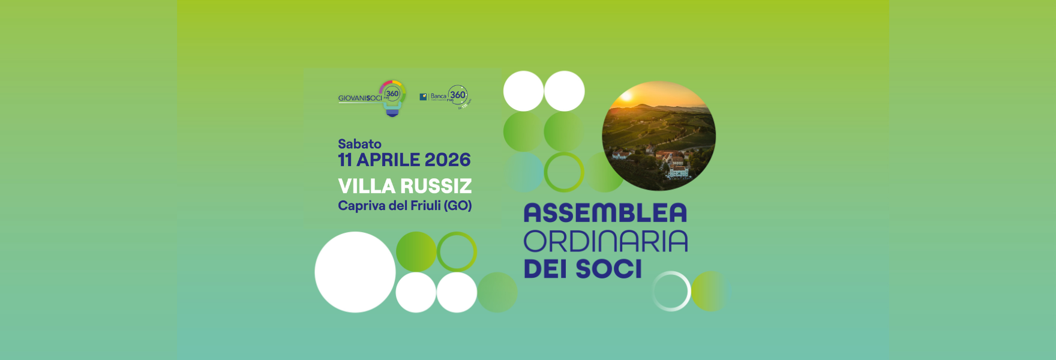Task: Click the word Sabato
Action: [359, 144]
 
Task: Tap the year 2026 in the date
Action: [448, 160]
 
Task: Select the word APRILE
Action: [388, 160]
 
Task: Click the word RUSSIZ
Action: [436, 186]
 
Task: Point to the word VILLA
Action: [366, 186]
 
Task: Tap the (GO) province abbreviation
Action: [458, 206]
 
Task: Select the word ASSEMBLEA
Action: [605, 213]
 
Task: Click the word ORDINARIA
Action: [605, 241]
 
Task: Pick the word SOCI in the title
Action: [608, 269]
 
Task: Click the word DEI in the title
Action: [547, 269]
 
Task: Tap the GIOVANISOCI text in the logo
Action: [359, 98]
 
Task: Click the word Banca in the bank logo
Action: [439, 96]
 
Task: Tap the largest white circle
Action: [355, 272]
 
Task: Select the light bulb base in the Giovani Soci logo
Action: [392, 111]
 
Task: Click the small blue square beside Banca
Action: [423, 97]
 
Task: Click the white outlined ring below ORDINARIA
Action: [671, 291]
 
